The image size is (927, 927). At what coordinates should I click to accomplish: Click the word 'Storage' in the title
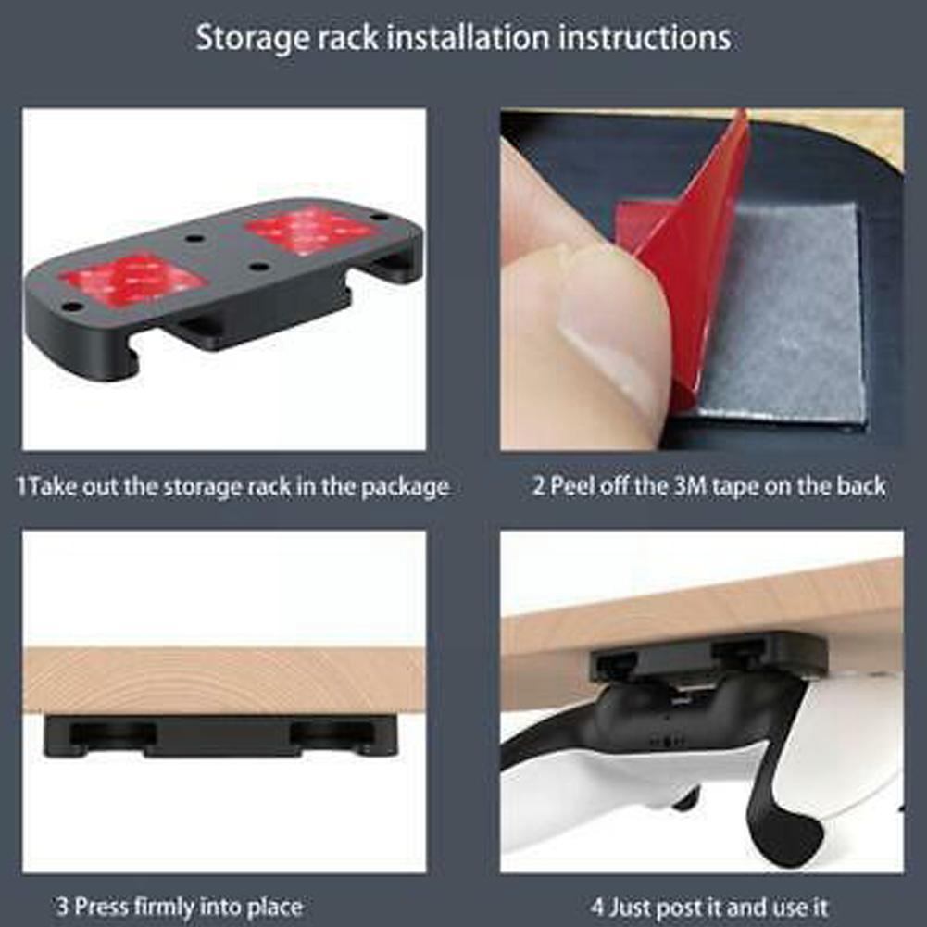pyautogui.click(x=253, y=38)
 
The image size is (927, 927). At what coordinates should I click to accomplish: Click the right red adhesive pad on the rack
pyautogui.click(x=311, y=232)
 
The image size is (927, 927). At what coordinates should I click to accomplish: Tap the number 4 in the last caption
pyautogui.click(x=597, y=907)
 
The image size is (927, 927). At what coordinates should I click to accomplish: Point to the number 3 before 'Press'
pyautogui.click(x=62, y=906)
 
